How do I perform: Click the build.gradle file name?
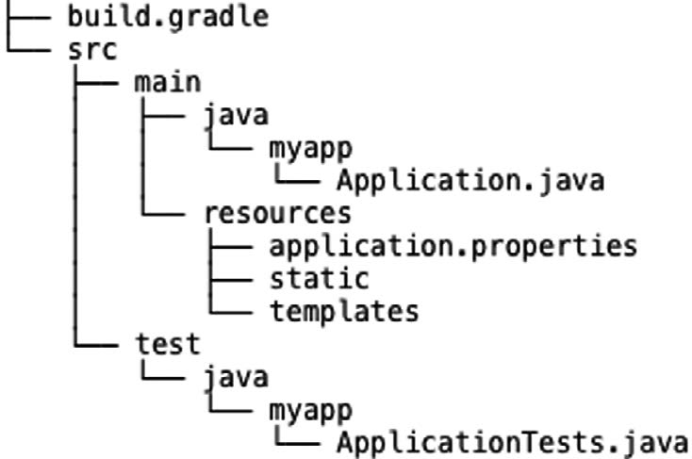(167, 16)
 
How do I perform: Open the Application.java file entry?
(470, 180)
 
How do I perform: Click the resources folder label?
(277, 213)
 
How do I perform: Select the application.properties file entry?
(453, 246)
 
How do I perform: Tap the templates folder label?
(344, 311)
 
